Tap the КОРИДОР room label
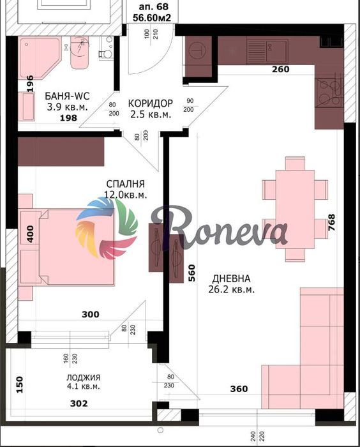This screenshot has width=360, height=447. [x=150, y=103]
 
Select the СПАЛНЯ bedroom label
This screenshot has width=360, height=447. [x=125, y=183]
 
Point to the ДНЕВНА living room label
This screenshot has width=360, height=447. [x=232, y=278]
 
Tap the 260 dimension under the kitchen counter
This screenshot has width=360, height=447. [x=280, y=70]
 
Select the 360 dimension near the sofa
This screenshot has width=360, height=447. [x=238, y=389]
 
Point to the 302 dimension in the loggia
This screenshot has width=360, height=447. [x=78, y=403]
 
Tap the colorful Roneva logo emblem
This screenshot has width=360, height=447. [x=107, y=228]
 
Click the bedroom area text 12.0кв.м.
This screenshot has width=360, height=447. [x=126, y=195]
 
